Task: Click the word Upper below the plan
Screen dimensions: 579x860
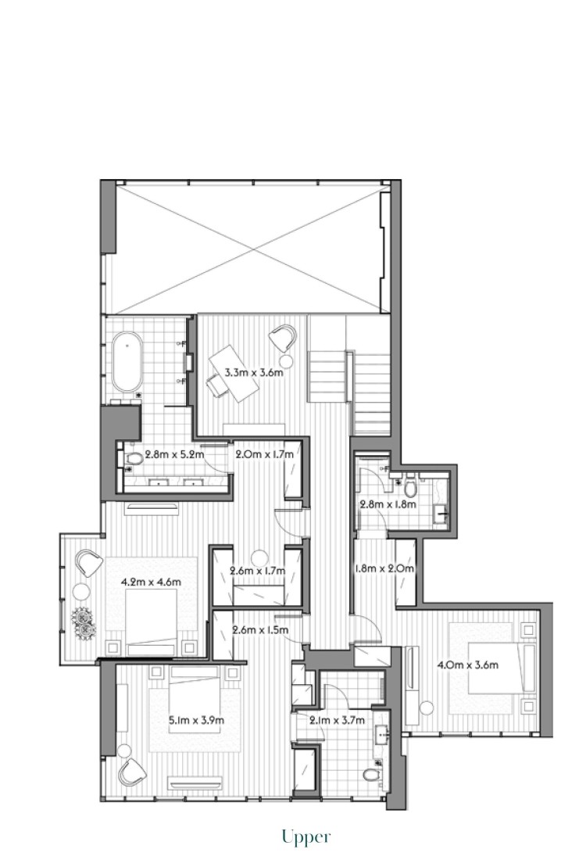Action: pos(306,837)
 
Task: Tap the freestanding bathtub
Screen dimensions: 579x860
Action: pos(127,362)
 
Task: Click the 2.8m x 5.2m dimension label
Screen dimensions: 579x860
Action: pos(174,455)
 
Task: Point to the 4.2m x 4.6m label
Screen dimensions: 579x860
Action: pos(151,582)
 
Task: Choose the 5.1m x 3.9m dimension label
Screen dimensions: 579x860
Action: pos(196,720)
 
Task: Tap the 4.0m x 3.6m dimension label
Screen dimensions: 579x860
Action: pos(468,665)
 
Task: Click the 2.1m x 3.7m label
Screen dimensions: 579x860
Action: pos(338,720)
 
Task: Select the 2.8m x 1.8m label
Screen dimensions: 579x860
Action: pos(388,504)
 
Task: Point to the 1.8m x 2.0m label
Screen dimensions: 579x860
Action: pos(384,568)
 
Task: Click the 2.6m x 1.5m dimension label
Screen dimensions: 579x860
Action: pos(260,630)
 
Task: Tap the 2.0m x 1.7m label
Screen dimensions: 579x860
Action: pos(264,455)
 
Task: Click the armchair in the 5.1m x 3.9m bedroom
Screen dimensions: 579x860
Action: pos(132,772)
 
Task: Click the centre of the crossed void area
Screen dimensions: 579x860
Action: pos(253,249)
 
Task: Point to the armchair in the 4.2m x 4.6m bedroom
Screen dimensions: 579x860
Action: pos(89,563)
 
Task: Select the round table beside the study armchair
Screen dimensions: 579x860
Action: pos(286,361)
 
